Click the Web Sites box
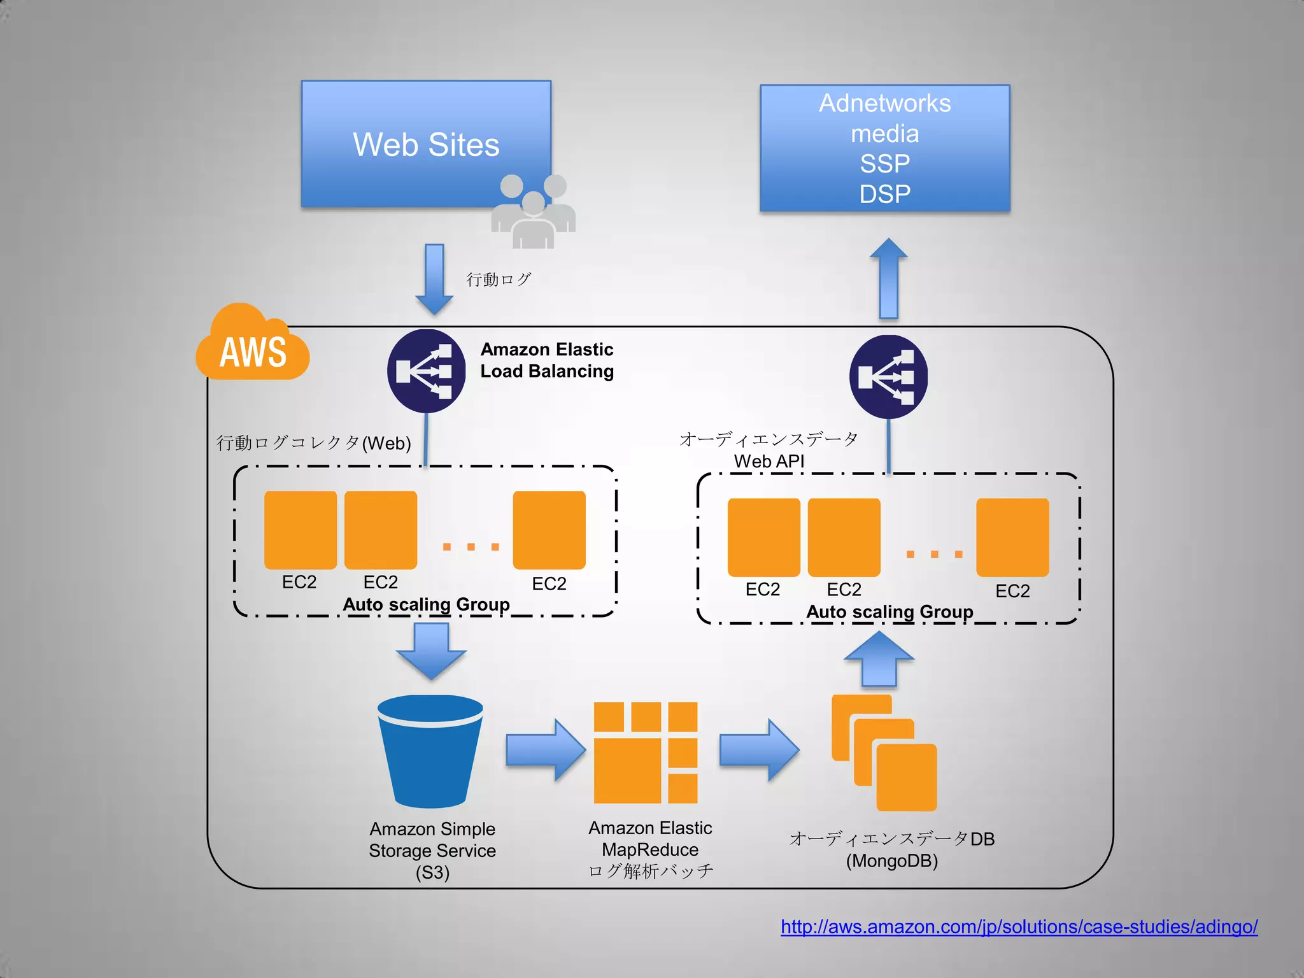425,144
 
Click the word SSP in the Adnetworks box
884,164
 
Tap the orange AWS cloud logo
253,347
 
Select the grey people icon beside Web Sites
534,212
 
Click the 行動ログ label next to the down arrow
499,280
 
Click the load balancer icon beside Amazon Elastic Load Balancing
426,371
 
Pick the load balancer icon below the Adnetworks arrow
888,376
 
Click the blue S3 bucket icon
431,751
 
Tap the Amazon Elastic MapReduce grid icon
646,753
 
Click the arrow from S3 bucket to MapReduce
545,750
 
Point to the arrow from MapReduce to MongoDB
758,750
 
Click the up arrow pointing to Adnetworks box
888,279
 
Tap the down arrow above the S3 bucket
431,650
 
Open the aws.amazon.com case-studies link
1019,926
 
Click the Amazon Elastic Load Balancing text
546,360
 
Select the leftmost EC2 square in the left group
301,530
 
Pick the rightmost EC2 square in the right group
1012,537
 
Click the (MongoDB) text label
891,861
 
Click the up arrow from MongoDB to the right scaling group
879,660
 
